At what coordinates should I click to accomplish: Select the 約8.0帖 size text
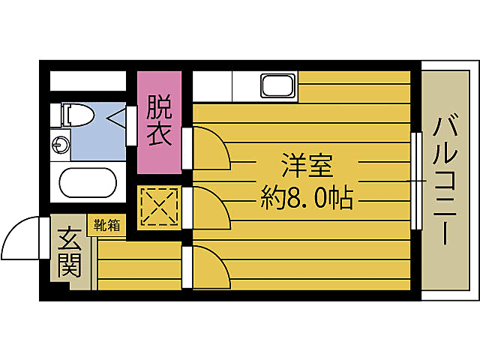click(307, 199)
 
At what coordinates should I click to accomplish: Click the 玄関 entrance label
click(69, 252)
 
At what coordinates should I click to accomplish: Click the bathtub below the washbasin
click(88, 184)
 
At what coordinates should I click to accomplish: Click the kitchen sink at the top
click(278, 85)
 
